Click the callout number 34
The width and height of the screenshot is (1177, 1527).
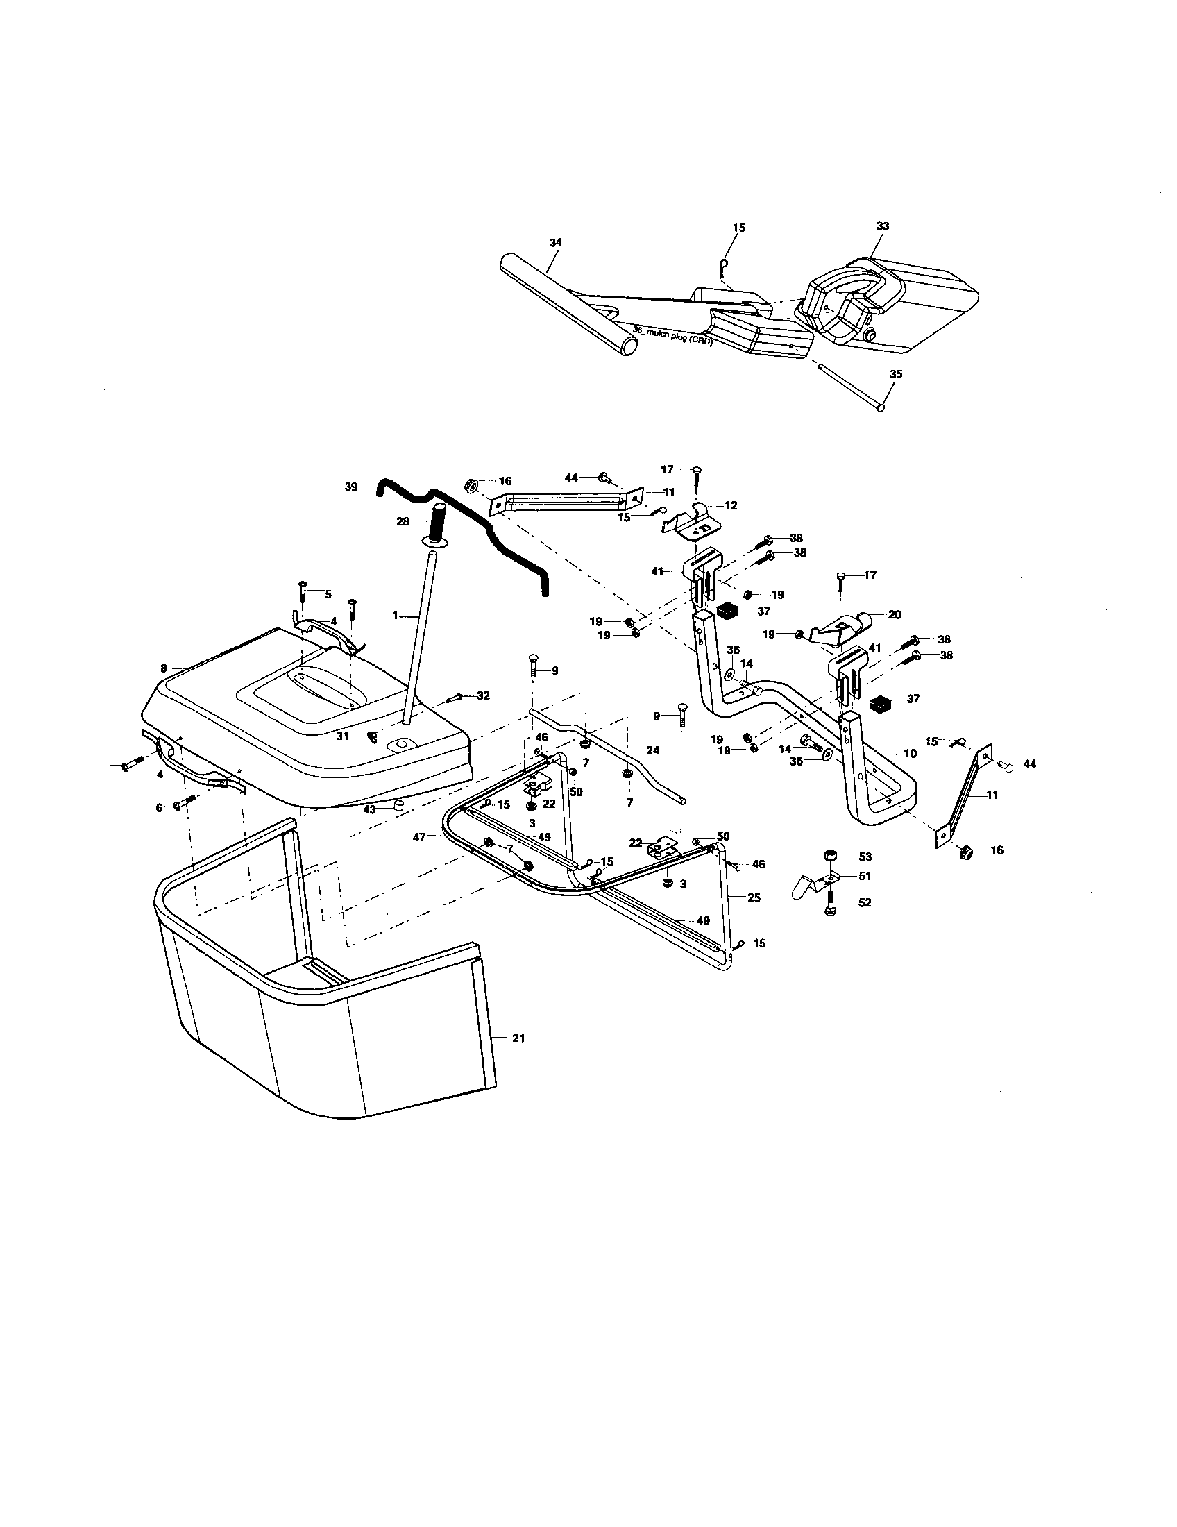pos(556,242)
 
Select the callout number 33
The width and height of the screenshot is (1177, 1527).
pos(883,226)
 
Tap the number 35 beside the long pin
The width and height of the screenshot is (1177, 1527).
pos(896,374)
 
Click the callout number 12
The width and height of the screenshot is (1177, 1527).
pos(731,505)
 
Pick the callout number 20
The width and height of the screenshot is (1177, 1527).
pos(895,614)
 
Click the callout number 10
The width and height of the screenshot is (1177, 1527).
pos(910,754)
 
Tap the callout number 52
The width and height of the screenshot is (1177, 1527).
pos(865,902)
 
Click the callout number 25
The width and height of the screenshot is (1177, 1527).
pos(754,897)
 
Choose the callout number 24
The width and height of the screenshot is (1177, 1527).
pos(653,751)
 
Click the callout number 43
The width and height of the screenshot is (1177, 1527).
pos(369,809)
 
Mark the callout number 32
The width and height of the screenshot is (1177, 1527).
pos(483,695)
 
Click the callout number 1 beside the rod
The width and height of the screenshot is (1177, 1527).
pos(395,615)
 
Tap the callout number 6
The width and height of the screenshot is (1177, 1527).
pos(159,807)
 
